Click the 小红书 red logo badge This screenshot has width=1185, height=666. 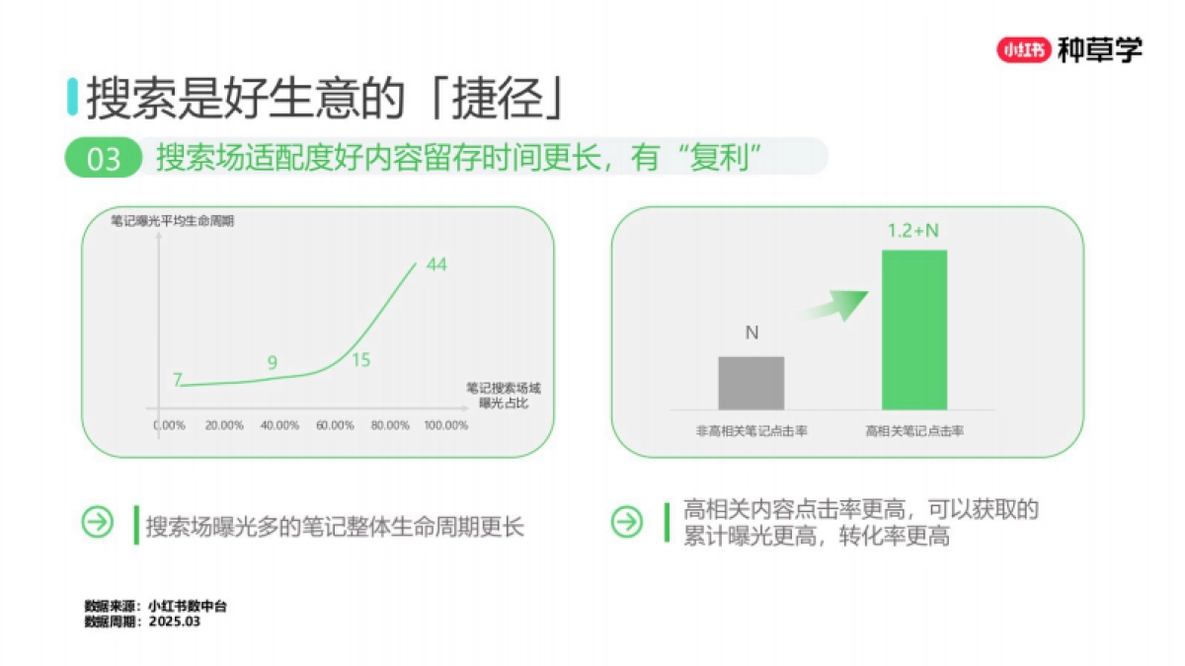(1024, 49)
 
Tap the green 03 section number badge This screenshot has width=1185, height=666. (104, 159)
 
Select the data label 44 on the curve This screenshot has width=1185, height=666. (437, 264)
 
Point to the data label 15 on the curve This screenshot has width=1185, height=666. (360, 360)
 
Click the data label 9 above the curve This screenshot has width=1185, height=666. (273, 363)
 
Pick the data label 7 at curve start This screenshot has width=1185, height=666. (178, 380)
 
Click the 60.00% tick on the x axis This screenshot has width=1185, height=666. (335, 425)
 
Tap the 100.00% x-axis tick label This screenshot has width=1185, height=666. (445, 425)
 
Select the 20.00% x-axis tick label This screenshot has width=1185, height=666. (224, 425)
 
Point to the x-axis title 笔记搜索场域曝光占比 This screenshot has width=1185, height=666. (504, 396)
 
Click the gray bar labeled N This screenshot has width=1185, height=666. (751, 383)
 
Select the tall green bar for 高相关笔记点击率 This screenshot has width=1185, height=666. (913, 329)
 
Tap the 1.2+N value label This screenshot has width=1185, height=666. (913, 231)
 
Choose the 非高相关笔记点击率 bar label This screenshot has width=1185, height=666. (752, 431)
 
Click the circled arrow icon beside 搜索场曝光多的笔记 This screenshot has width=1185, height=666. (98, 523)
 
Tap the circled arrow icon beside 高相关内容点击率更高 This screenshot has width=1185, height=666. (627, 523)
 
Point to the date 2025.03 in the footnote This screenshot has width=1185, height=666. (174, 622)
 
